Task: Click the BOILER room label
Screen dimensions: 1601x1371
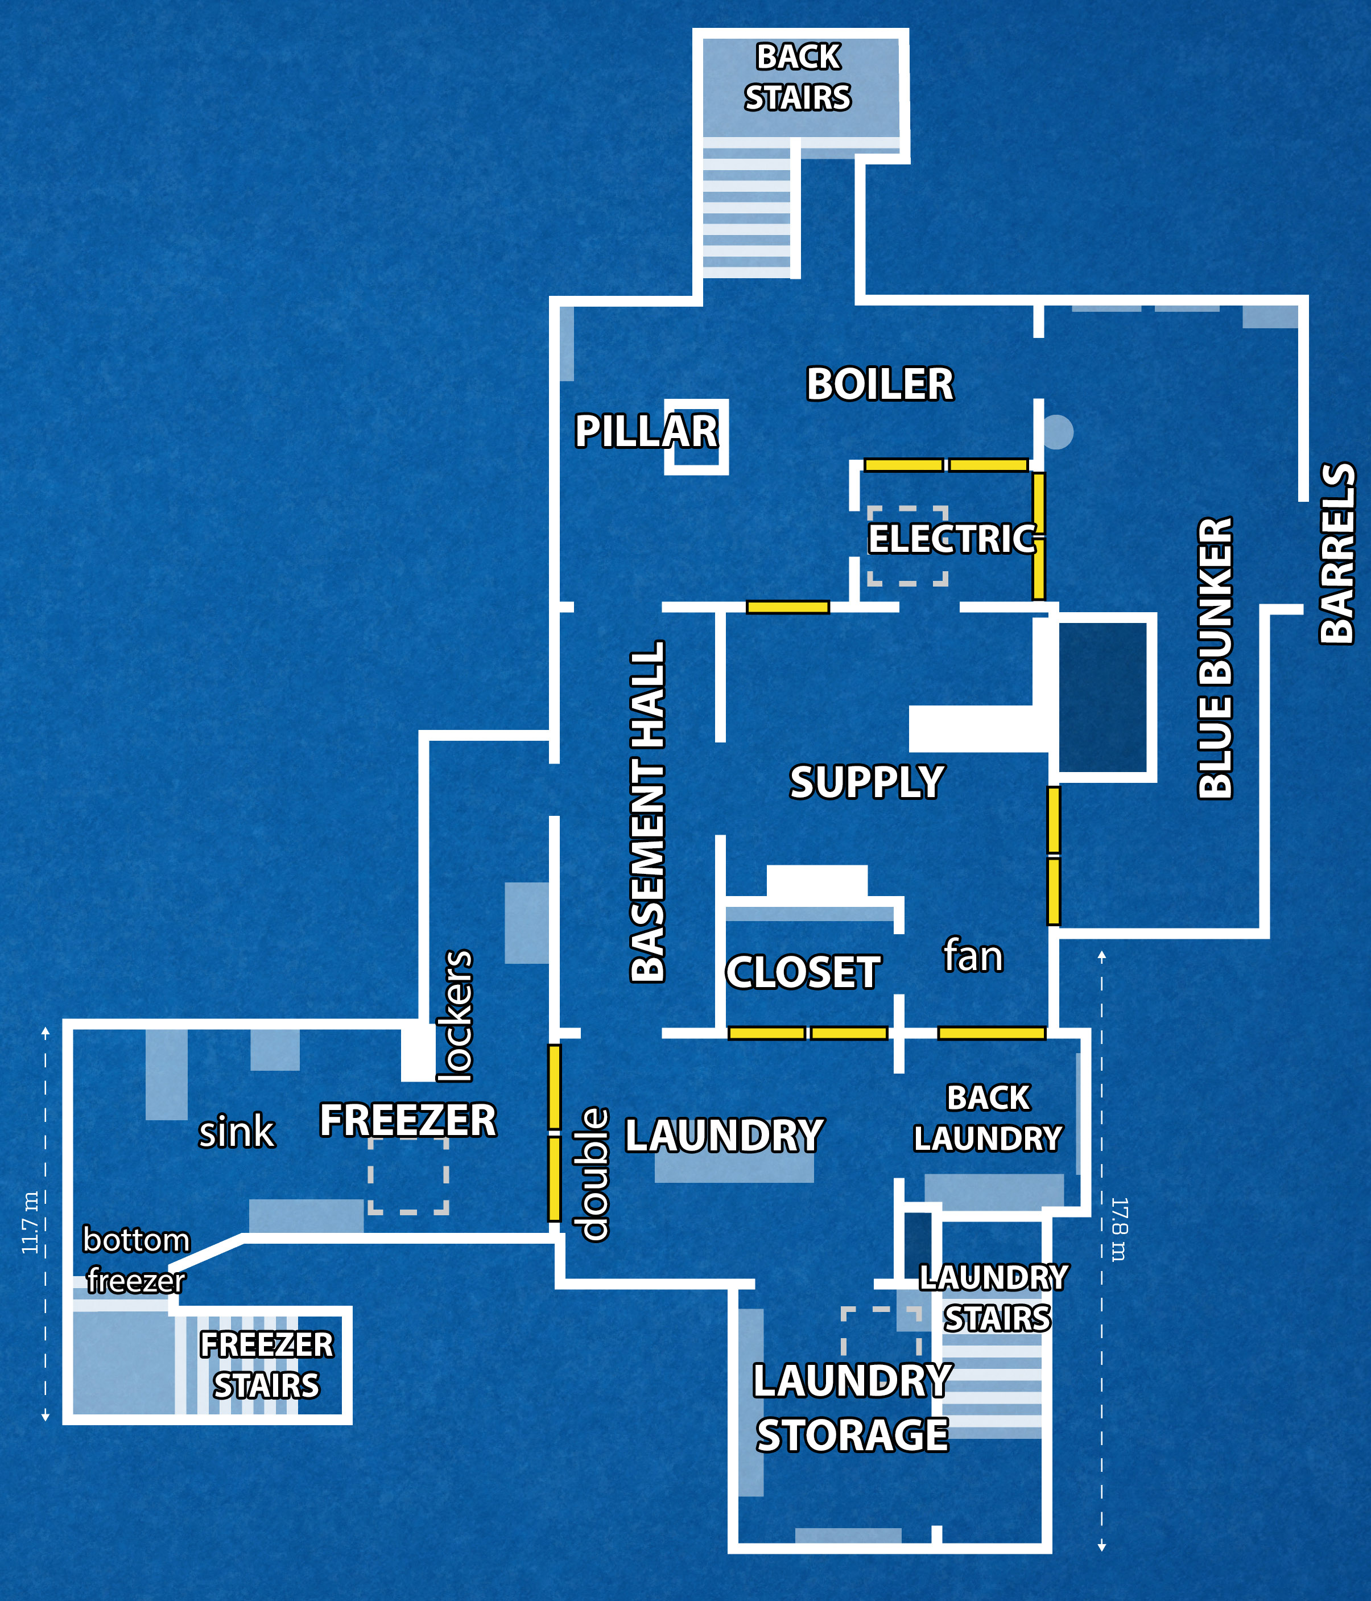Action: (879, 384)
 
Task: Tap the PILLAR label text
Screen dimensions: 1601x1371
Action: (646, 431)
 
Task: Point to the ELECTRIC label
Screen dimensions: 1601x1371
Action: (952, 539)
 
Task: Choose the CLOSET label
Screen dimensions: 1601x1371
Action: (803, 972)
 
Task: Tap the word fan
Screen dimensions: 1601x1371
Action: (972, 956)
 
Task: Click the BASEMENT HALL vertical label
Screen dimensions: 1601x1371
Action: (648, 811)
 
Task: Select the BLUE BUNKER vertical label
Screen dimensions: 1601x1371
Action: (1215, 657)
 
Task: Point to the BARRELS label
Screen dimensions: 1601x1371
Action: (1337, 552)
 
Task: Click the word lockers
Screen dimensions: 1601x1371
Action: (455, 1016)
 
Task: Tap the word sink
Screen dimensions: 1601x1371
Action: (236, 1132)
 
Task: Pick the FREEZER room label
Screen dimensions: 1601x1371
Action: (408, 1120)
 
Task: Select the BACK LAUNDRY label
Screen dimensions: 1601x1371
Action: (988, 1118)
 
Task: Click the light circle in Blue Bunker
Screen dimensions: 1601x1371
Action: (1058, 432)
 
